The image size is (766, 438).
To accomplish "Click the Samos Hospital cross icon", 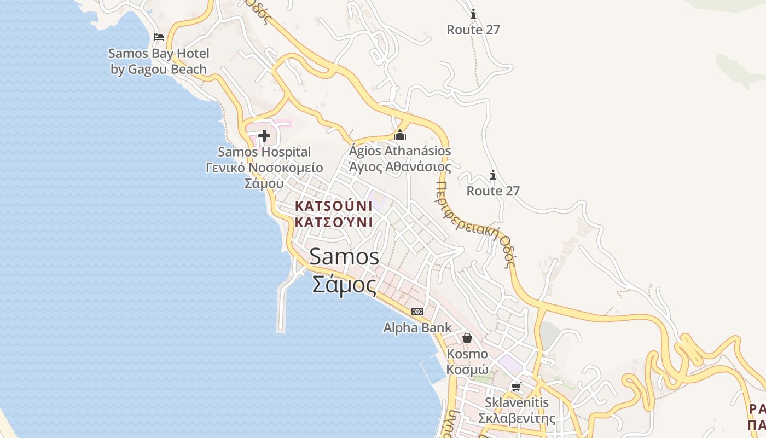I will tap(264, 136).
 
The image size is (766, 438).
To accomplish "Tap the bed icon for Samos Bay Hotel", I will tap(159, 37).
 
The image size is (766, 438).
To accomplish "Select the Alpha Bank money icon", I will tap(417, 312).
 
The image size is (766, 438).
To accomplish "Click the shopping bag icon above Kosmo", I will tap(467, 338).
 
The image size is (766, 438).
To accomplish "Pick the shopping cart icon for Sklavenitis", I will tap(516, 387).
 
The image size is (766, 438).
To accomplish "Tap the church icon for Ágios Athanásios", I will tap(400, 135).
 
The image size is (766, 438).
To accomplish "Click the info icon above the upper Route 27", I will tap(473, 14).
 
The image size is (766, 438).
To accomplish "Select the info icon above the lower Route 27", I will tap(492, 175).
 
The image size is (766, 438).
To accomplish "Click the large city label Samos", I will tap(344, 257).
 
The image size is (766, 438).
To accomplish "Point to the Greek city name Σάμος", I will tap(344, 285).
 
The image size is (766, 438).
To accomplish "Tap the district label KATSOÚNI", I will tap(333, 206).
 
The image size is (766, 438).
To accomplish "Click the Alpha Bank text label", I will tap(417, 328).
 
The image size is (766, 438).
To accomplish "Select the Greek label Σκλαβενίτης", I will tap(517, 419).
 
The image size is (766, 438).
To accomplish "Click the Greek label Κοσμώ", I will tap(467, 370).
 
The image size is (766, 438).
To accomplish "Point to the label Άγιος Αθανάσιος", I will tap(400, 167).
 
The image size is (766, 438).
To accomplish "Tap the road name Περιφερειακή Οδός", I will tap(476, 224).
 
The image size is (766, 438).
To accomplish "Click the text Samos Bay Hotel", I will tap(159, 54).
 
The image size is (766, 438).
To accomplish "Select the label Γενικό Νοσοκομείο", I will tap(264, 168).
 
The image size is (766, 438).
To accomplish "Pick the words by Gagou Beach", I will tap(159, 70).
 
